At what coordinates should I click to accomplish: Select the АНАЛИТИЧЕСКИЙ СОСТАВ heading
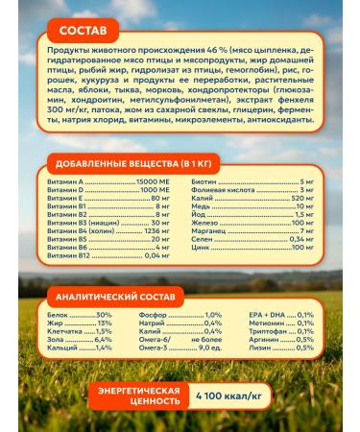tap(113, 298)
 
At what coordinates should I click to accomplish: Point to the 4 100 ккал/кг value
tap(232, 395)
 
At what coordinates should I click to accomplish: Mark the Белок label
tap(57, 315)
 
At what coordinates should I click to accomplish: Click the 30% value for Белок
tap(104, 315)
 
